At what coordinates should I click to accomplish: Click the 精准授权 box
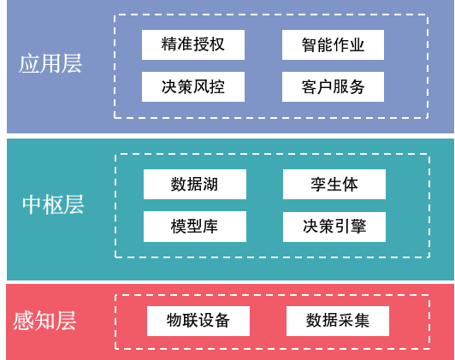(x=193, y=44)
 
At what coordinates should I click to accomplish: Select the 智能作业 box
(x=334, y=44)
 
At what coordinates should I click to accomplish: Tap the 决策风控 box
(x=193, y=86)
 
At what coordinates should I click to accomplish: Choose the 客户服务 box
(x=334, y=86)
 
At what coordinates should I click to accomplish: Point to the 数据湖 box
(x=195, y=184)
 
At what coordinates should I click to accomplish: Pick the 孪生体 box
(x=334, y=184)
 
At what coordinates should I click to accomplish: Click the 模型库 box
(x=195, y=227)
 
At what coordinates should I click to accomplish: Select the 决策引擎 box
(x=334, y=227)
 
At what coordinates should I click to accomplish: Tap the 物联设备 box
(x=198, y=321)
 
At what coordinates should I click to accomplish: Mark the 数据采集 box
(x=338, y=321)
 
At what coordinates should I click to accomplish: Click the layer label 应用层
(x=50, y=64)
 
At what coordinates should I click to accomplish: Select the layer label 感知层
(x=44, y=322)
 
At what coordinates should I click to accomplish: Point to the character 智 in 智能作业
(x=310, y=44)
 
